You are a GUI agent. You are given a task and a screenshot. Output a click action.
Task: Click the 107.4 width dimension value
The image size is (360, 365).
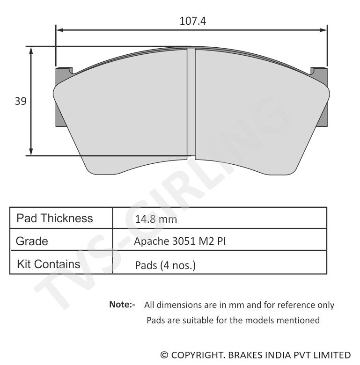pos(193,21)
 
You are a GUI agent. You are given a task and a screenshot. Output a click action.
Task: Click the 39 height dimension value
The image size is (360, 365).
pos(20,101)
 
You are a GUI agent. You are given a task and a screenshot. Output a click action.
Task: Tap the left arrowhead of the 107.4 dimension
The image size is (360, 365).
pos(59,30)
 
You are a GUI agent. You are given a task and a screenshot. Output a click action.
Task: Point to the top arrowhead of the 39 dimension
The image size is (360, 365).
pos(31,50)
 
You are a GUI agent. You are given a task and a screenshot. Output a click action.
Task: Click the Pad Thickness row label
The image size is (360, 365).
pos(54,218)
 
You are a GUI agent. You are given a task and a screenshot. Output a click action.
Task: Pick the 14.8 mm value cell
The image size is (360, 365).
pos(156,219)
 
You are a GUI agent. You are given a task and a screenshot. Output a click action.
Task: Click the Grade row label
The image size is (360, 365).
pos(32,241)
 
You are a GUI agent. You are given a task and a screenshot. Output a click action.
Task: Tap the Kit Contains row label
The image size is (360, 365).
pos(48,264)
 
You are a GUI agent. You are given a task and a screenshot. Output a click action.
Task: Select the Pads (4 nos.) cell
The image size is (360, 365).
pos(165,265)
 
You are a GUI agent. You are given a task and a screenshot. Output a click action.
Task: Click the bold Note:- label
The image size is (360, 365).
pos(122,305)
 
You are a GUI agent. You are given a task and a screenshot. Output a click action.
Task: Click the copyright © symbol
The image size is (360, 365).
pos(164,355)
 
